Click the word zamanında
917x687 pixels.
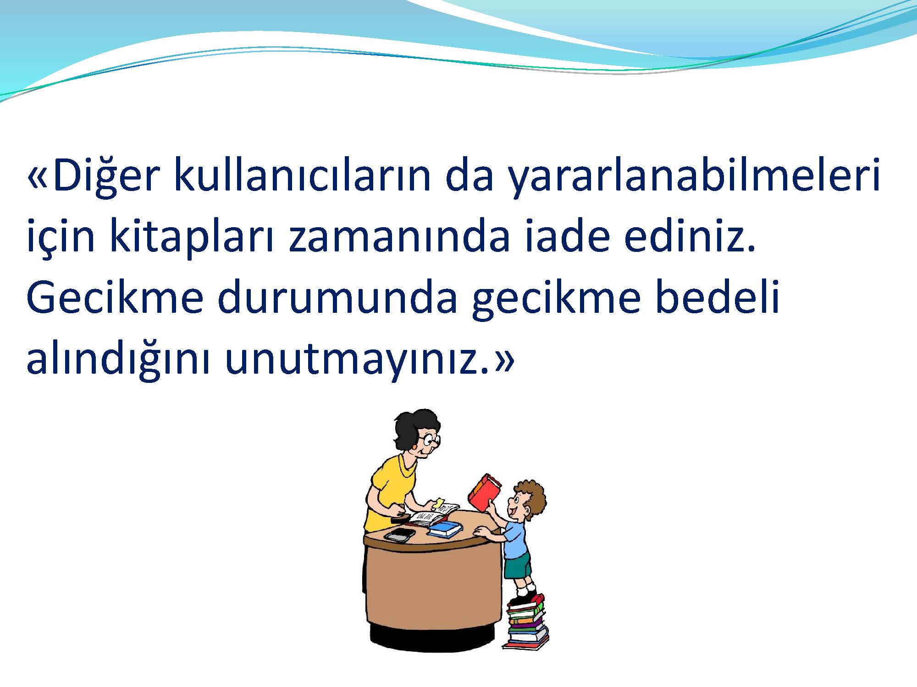coord(399,237)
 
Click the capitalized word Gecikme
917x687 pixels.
coord(115,298)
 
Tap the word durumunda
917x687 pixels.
coord(337,298)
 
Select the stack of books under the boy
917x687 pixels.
coord(526,623)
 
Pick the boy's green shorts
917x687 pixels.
coord(518,566)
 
